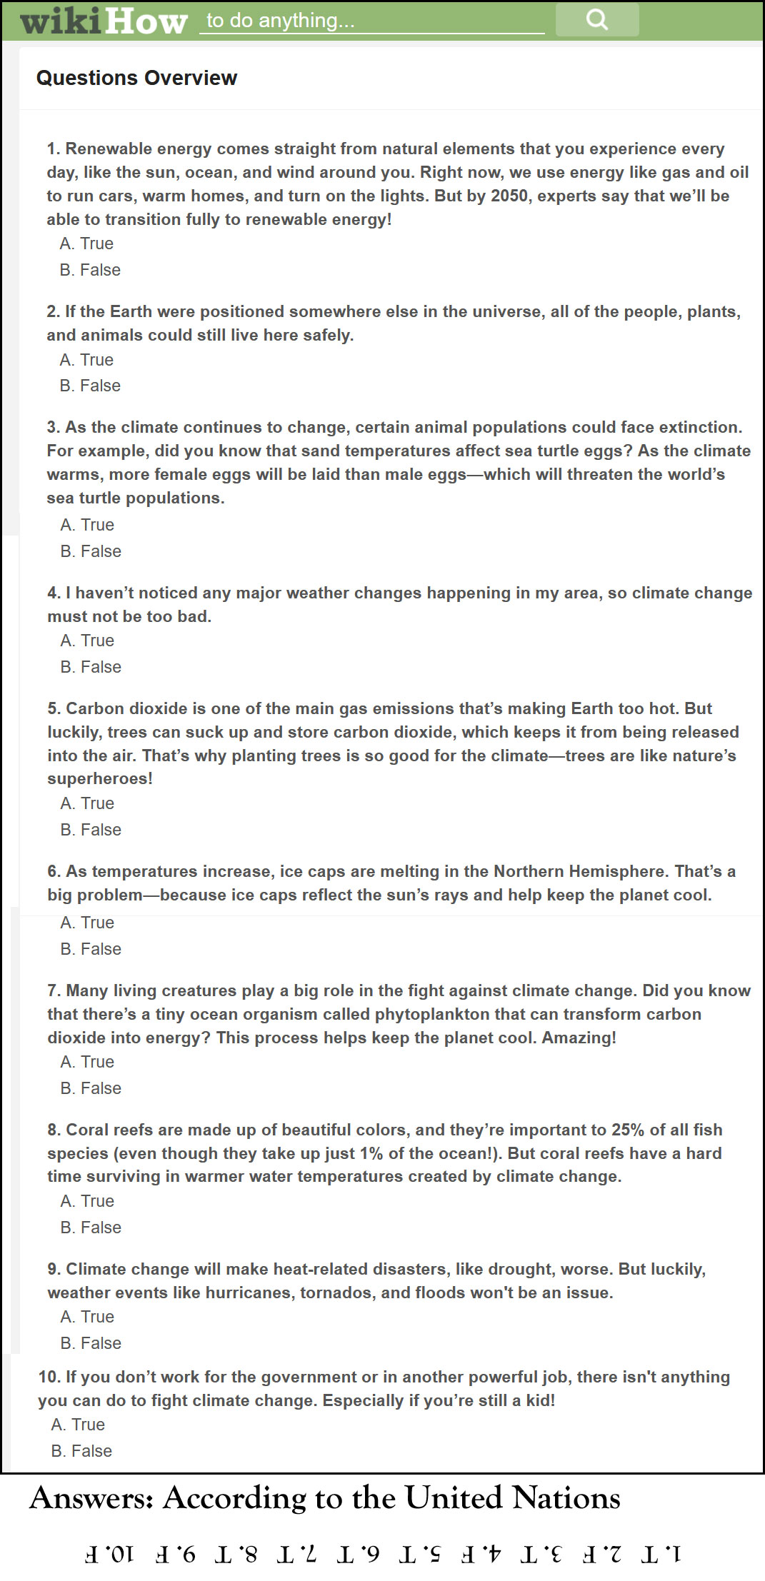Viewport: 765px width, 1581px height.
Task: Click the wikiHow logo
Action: tap(104, 21)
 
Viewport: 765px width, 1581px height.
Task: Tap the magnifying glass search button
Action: tap(597, 19)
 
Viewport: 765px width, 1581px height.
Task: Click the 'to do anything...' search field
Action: tap(371, 21)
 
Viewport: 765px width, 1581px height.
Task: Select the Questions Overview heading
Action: tap(136, 78)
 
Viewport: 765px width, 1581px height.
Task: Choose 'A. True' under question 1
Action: tap(86, 244)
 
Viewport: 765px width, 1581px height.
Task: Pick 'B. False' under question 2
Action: tap(90, 386)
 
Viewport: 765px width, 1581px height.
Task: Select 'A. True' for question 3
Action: tap(87, 525)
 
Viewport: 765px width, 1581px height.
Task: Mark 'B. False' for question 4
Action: tap(91, 667)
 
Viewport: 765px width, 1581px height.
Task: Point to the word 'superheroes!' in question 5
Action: tap(100, 778)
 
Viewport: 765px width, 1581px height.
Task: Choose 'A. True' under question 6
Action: tap(87, 923)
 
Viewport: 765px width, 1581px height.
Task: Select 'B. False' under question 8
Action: tap(91, 1228)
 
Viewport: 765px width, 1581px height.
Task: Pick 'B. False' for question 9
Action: tap(91, 1343)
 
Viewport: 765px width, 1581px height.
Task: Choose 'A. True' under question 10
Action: tap(78, 1425)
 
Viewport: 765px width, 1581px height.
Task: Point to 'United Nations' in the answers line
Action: tap(512, 1497)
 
